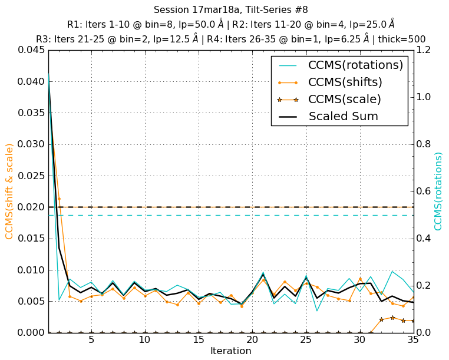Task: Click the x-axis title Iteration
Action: [x=230, y=351]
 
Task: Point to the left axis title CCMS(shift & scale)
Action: [x=9, y=191]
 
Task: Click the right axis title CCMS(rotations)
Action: [x=438, y=191]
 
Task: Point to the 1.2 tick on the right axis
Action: [x=425, y=50]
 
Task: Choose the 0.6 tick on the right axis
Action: [x=425, y=191]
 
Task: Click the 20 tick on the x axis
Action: [x=252, y=341]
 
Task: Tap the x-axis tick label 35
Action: [x=414, y=341]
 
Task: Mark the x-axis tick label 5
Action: [x=91, y=341]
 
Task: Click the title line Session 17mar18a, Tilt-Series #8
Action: [x=230, y=10]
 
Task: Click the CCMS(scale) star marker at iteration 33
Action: [x=392, y=318]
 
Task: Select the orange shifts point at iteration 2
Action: [x=59, y=199]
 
